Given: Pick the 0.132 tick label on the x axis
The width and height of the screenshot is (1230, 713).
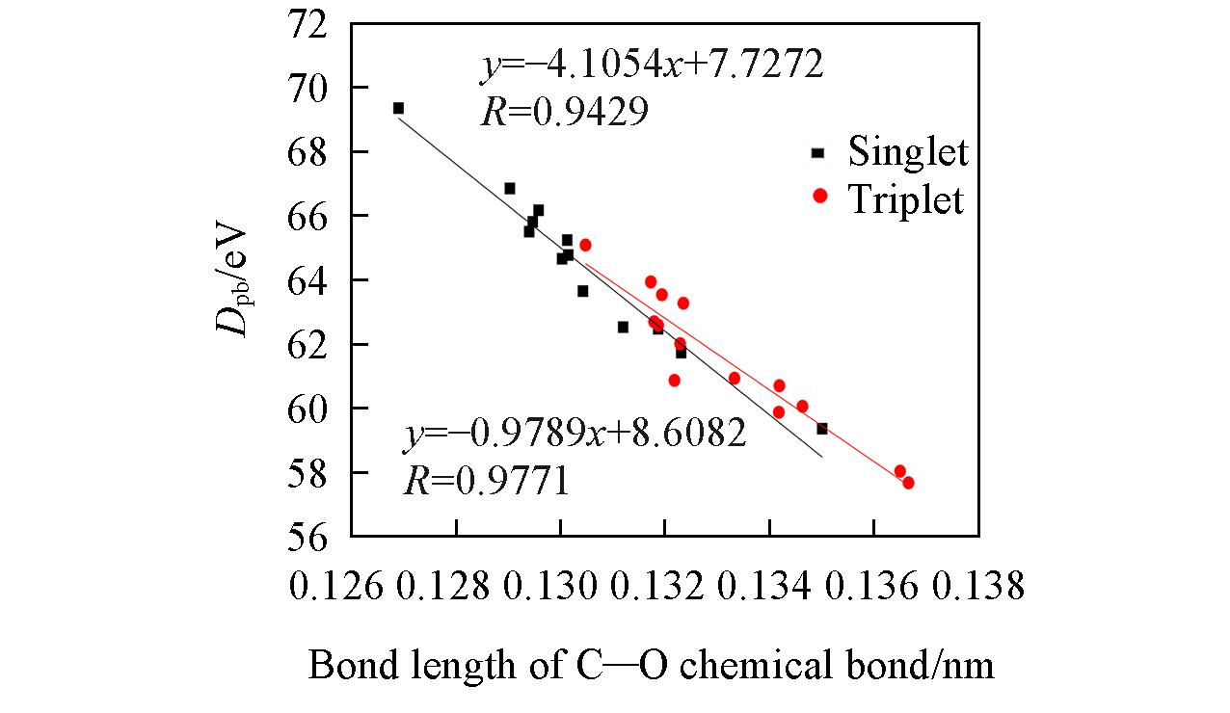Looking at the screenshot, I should (x=664, y=585).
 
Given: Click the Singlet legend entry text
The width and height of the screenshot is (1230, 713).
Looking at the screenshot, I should (x=907, y=151).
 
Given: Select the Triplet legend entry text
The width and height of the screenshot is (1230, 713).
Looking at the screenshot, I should (x=905, y=198).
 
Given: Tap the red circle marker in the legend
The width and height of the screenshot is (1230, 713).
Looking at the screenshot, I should (x=820, y=197).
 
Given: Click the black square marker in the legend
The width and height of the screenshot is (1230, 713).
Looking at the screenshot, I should (x=818, y=152).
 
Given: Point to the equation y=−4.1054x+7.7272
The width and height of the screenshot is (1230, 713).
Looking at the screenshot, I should (x=652, y=66).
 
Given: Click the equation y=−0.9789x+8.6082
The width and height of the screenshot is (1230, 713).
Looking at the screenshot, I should (x=575, y=435).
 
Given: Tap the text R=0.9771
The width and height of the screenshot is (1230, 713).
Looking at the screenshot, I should (x=486, y=480).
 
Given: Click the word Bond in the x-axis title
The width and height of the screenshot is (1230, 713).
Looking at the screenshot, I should (x=349, y=666).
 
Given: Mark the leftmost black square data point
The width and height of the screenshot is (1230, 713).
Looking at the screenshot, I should (x=398, y=108).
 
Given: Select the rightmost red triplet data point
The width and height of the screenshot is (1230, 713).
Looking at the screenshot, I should (x=908, y=483).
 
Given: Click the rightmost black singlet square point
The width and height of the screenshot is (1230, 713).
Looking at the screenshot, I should (x=822, y=429).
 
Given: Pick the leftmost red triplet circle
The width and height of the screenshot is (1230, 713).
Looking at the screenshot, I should (x=585, y=245).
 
